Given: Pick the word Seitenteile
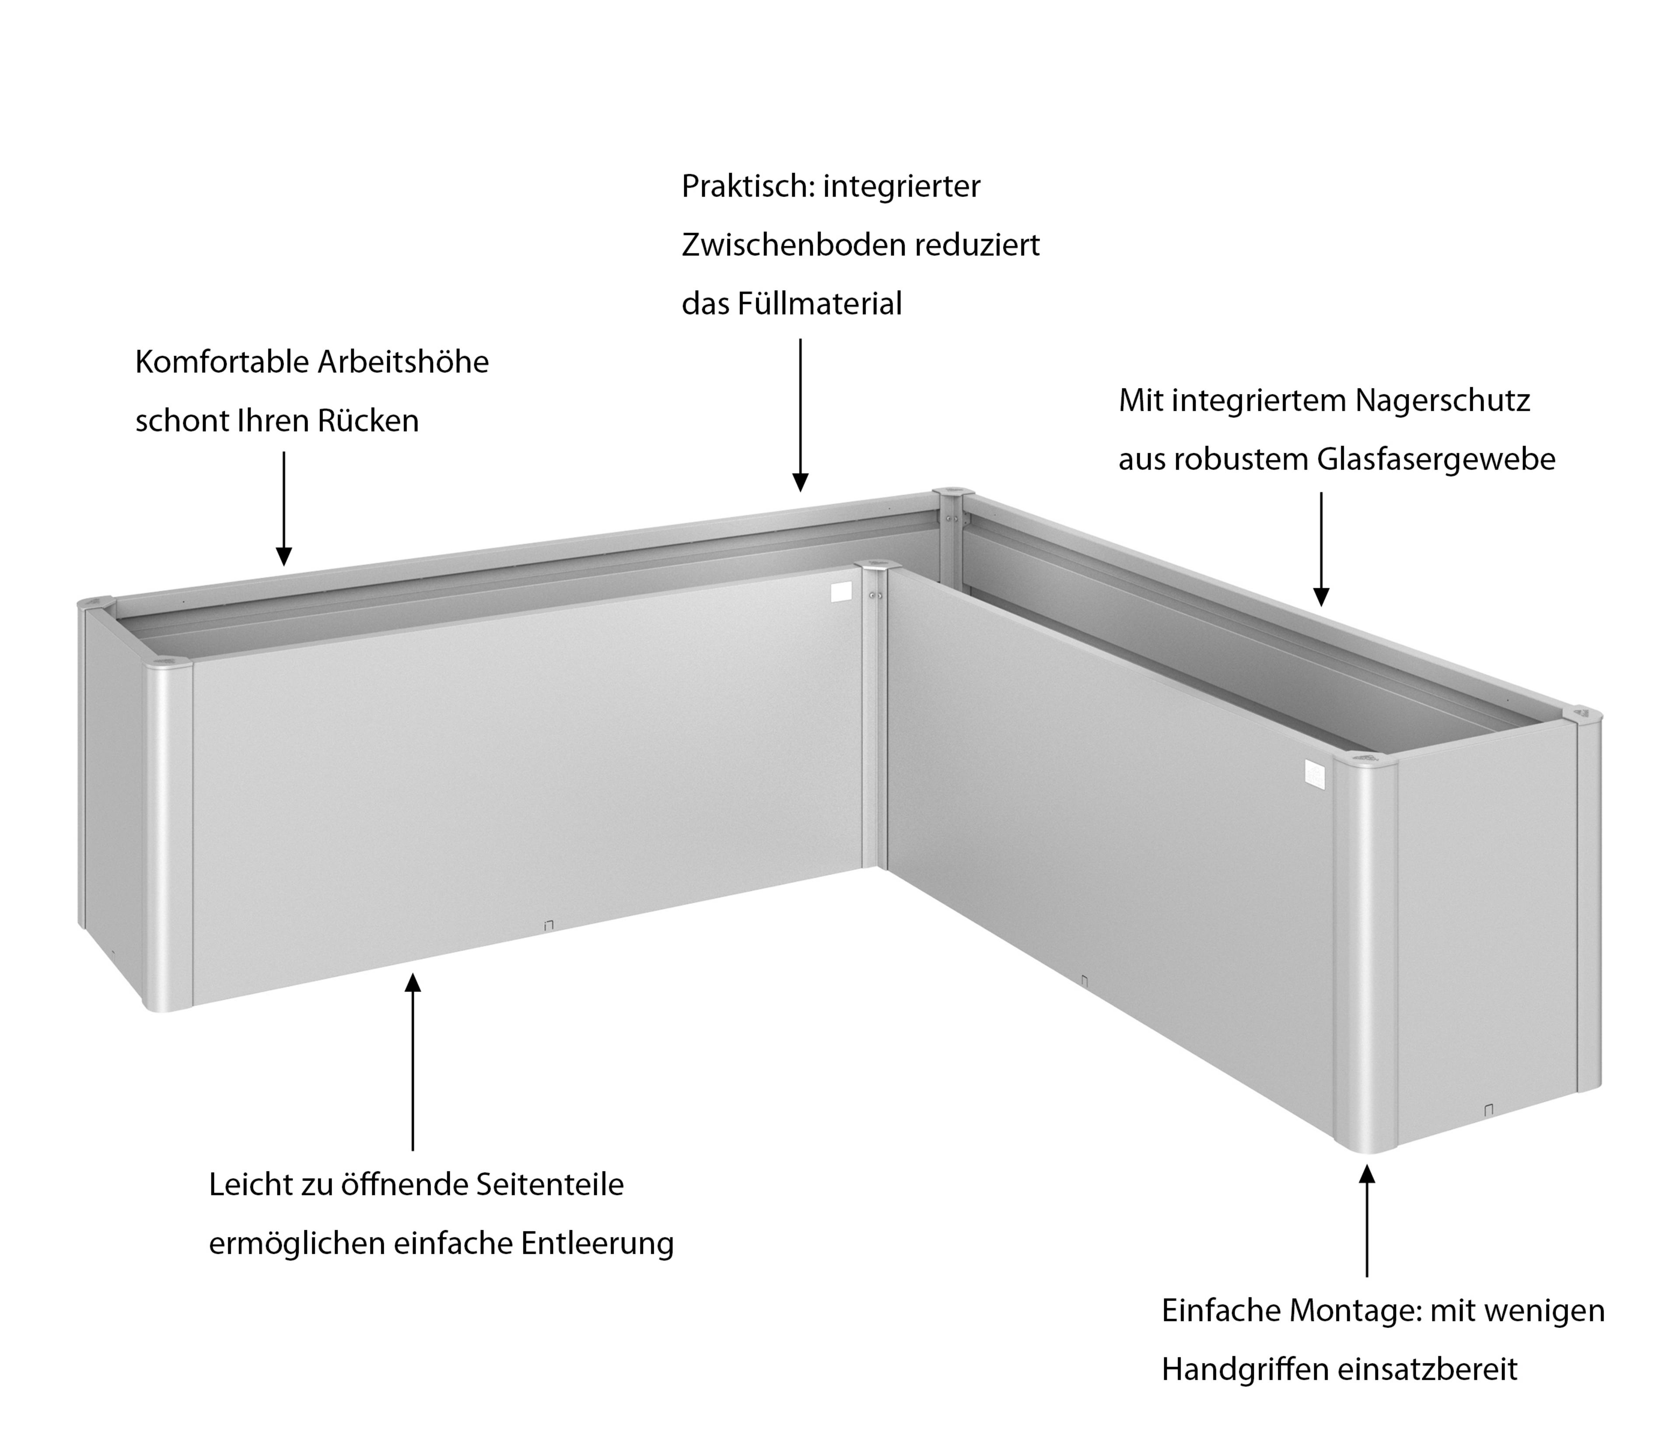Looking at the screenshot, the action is [x=550, y=1184].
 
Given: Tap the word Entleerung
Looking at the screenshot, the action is [x=598, y=1244].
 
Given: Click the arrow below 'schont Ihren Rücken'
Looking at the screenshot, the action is [x=284, y=508].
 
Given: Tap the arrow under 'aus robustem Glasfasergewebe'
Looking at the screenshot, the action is [x=1321, y=549].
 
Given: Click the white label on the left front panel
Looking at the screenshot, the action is [x=842, y=592].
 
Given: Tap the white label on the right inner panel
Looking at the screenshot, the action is [x=1314, y=773].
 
